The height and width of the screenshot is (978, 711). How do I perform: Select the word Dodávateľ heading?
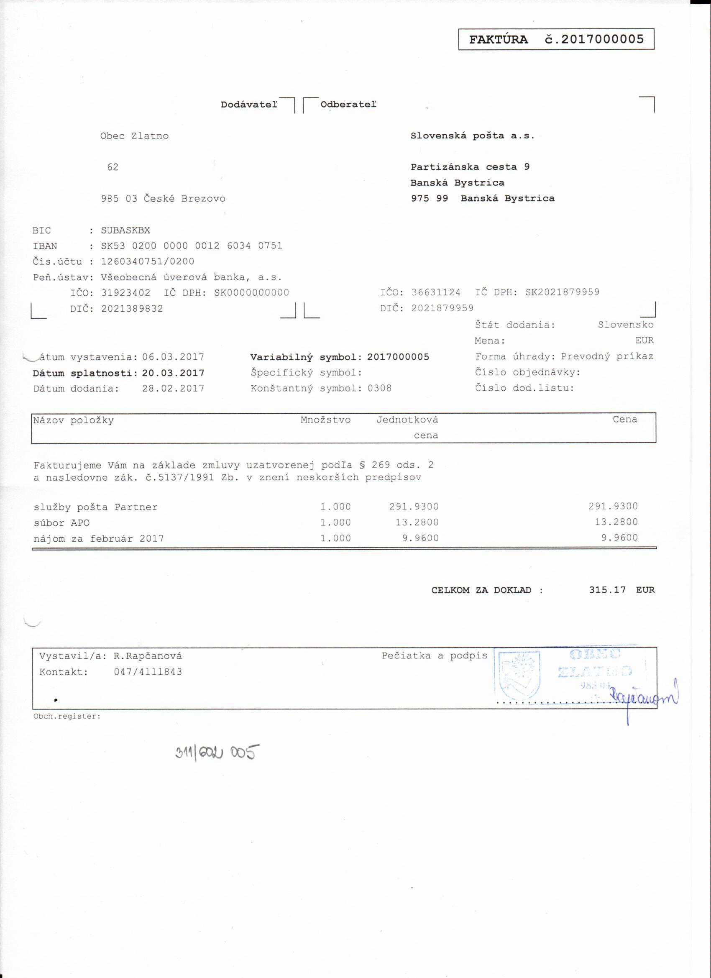(249, 104)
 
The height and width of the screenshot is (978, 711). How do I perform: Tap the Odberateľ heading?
(348, 104)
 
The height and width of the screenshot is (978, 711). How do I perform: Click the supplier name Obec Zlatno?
(134, 136)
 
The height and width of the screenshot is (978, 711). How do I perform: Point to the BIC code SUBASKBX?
(125, 230)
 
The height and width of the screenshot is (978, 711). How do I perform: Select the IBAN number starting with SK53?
(192, 246)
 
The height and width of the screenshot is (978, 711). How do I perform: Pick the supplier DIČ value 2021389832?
(132, 309)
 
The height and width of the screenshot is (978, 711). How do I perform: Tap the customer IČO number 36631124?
(435, 292)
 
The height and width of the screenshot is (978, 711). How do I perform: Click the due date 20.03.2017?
(173, 373)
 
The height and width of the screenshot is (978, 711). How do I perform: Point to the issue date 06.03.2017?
(173, 357)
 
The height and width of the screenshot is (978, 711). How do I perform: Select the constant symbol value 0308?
(379, 388)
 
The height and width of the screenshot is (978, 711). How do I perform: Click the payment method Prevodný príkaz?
(607, 357)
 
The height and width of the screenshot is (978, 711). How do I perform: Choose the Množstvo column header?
(325, 420)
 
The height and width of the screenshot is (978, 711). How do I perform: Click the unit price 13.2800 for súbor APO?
(417, 522)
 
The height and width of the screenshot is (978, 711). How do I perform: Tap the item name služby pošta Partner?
(95, 507)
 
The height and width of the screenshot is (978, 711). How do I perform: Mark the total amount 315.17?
(607, 590)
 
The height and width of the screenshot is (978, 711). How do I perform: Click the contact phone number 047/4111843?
(148, 672)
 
